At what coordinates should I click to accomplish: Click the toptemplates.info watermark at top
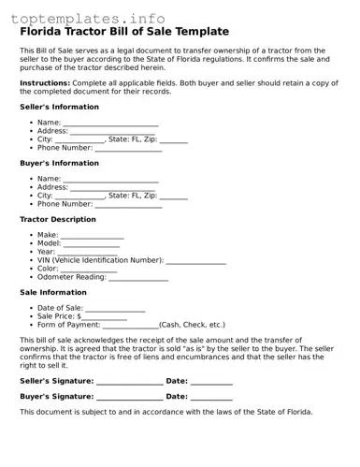click(x=88, y=18)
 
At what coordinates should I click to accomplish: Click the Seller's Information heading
click(x=59, y=107)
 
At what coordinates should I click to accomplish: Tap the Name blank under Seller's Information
click(x=110, y=124)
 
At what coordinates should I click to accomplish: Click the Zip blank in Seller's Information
click(x=173, y=140)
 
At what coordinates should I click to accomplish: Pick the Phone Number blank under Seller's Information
click(x=128, y=149)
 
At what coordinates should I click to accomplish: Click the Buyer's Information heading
click(x=59, y=163)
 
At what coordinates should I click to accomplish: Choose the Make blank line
click(x=92, y=236)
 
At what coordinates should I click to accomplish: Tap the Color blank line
click(x=89, y=270)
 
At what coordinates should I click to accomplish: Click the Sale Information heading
click(x=53, y=292)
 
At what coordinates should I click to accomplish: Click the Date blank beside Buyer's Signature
click(x=211, y=398)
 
